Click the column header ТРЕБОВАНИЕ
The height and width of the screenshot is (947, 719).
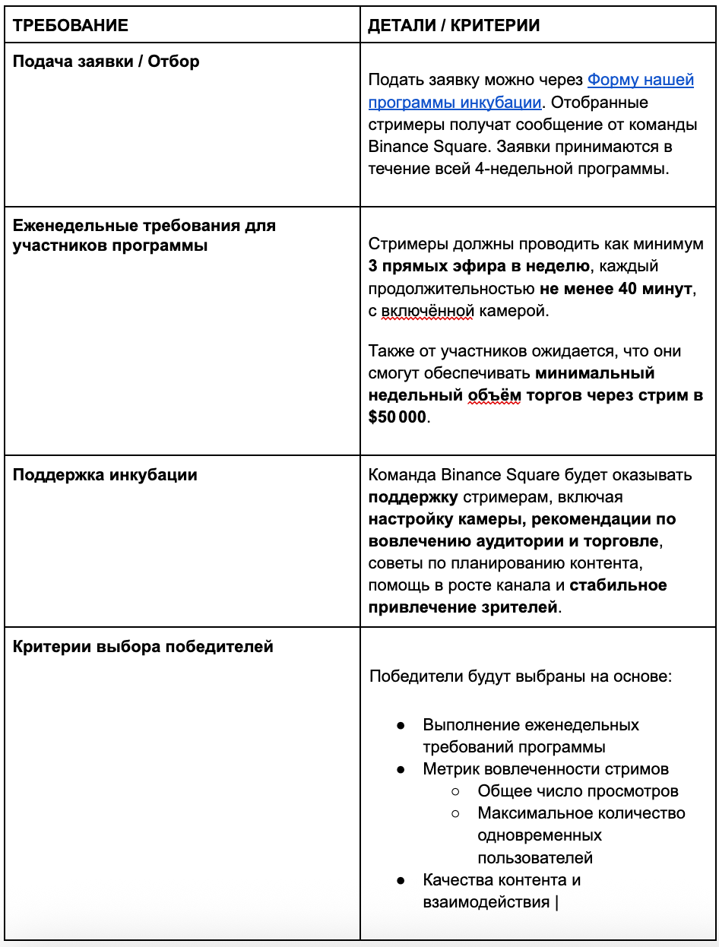(71, 25)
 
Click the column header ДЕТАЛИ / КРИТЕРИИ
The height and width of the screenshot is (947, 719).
(454, 25)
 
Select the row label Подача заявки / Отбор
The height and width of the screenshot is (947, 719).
(106, 62)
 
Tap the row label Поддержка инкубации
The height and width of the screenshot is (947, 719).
(105, 475)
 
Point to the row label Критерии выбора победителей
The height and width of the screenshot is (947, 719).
(143, 648)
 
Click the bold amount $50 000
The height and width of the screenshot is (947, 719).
(398, 417)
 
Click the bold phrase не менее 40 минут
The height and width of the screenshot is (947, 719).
(616, 289)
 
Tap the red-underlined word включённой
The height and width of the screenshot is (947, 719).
(432, 311)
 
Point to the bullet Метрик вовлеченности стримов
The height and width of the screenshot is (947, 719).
(546, 769)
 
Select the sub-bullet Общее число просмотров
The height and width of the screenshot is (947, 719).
(578, 791)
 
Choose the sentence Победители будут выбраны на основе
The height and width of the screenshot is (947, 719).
(520, 676)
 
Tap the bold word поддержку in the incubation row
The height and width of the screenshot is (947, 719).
(413, 497)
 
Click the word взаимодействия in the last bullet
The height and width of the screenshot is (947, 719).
(486, 902)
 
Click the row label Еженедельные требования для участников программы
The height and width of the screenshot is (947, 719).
(144, 236)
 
